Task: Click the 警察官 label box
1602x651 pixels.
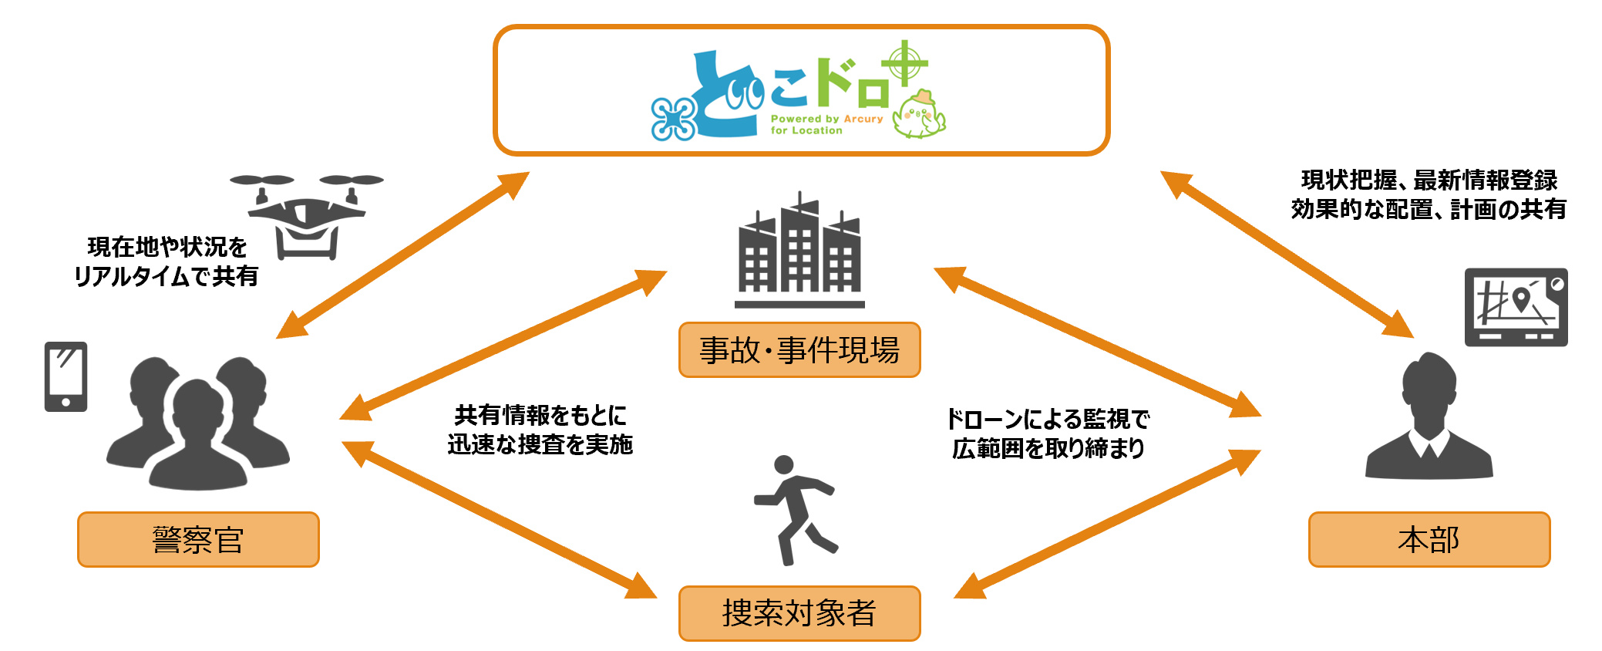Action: (198, 539)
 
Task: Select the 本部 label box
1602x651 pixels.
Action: (1429, 539)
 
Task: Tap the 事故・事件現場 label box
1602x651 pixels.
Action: (799, 350)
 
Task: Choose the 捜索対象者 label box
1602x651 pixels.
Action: (799, 613)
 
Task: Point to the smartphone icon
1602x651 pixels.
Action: (66, 376)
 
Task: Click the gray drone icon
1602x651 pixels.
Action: (307, 216)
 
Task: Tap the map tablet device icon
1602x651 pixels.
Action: (1516, 307)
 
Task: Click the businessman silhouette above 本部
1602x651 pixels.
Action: (1429, 417)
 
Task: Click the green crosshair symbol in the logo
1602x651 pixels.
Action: (905, 63)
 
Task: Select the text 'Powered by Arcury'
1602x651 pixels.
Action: (826, 119)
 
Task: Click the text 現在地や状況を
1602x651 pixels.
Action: (167, 247)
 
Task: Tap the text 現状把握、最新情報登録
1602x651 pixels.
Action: (1429, 180)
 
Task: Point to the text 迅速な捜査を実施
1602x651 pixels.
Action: (540, 444)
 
